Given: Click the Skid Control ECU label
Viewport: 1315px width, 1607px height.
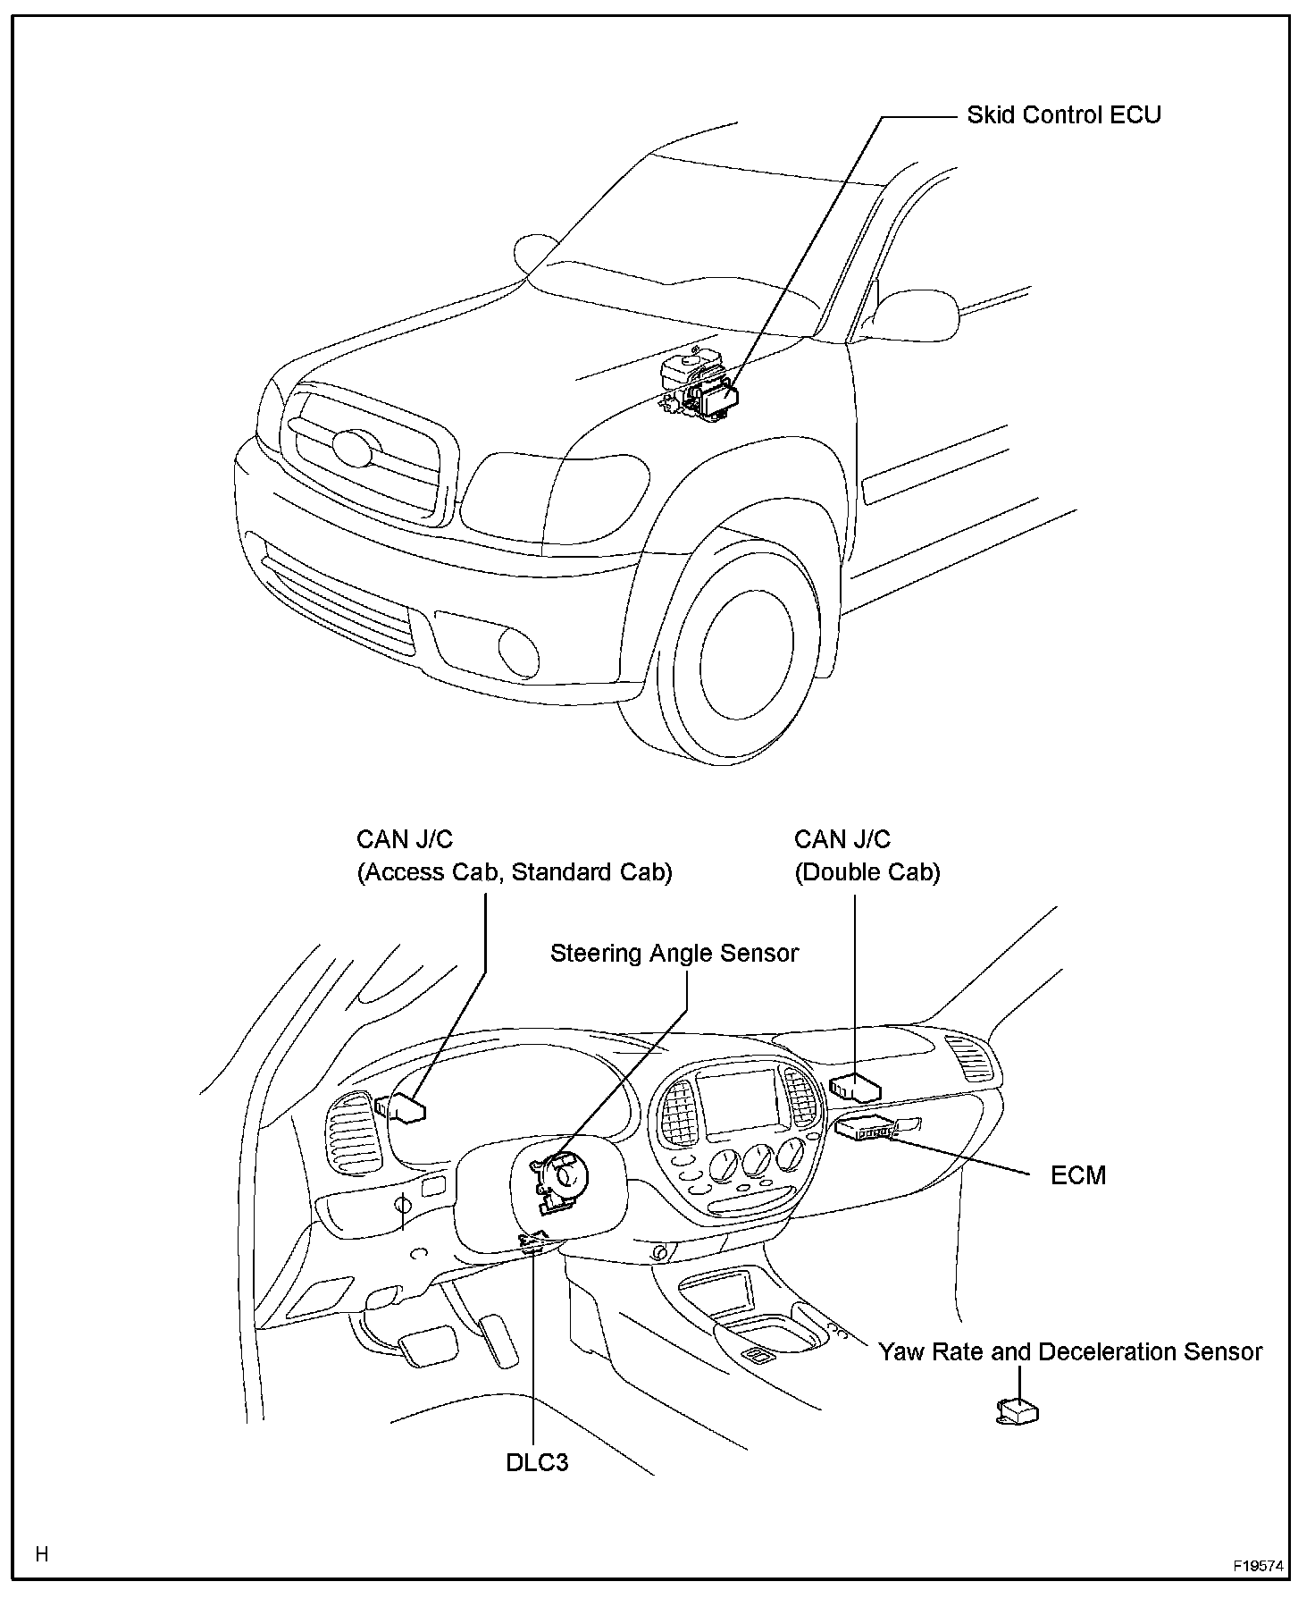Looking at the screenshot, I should pos(1063,115).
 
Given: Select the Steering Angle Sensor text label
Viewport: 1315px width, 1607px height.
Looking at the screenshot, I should pos(674,953).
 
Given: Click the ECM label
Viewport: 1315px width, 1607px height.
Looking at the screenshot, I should pos(1078,1175).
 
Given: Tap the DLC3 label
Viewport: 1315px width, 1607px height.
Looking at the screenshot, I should pos(536,1463).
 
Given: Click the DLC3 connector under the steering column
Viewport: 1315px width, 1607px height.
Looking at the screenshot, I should pos(533,1241).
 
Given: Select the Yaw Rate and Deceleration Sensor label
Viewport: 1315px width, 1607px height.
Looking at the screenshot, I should pos(1070,1351).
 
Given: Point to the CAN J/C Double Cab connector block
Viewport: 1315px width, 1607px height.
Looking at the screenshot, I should pos(856,1087).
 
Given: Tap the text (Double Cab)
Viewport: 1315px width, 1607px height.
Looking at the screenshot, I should pos(867,872).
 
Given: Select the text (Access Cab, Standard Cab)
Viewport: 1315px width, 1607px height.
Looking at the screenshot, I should pos(515,872).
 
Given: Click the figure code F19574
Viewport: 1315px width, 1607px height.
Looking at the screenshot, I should pos(1259,1567).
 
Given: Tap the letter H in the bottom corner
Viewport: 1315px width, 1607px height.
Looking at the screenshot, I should pos(41,1554).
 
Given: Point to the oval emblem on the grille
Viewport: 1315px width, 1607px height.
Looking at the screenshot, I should pos(351,447).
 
